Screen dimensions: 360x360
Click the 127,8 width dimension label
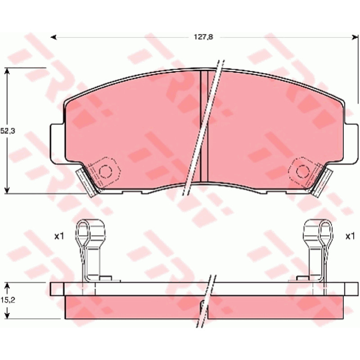pyautogui.click(x=203, y=37)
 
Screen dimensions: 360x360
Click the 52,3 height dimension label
pyautogui.click(x=8, y=131)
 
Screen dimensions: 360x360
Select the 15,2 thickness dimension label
pyautogui.click(x=8, y=300)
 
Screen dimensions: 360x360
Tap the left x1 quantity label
pyautogui.click(x=59, y=236)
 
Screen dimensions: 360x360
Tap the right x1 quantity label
pyautogui.click(x=350, y=236)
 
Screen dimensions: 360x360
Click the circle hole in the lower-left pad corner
pyautogui.click(x=105, y=171)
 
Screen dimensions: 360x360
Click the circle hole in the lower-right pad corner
pyautogui.click(x=303, y=171)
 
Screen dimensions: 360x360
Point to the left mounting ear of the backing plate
pyautogui.click(x=58, y=144)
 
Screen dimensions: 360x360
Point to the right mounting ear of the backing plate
pyautogui.click(x=351, y=144)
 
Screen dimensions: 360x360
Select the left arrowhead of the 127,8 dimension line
pyautogui.click(x=54, y=37)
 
